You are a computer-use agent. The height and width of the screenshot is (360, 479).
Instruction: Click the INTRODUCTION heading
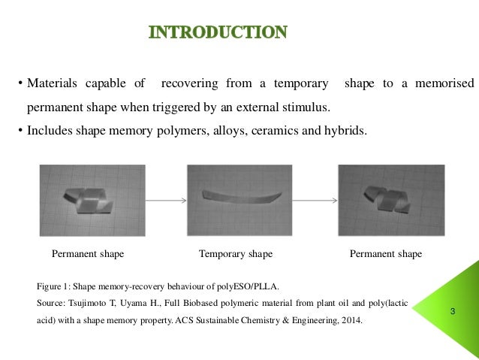click(218, 32)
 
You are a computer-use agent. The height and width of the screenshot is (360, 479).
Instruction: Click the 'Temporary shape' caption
click(235, 254)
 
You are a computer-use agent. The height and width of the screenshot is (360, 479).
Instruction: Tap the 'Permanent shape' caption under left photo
click(88, 254)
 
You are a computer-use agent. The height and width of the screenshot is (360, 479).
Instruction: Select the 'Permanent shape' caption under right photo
click(386, 254)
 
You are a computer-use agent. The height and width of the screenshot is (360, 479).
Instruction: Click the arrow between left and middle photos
click(164, 201)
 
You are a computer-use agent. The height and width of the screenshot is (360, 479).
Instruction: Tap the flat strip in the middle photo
click(242, 198)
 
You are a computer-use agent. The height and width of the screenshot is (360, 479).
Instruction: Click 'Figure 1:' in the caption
click(54, 286)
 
